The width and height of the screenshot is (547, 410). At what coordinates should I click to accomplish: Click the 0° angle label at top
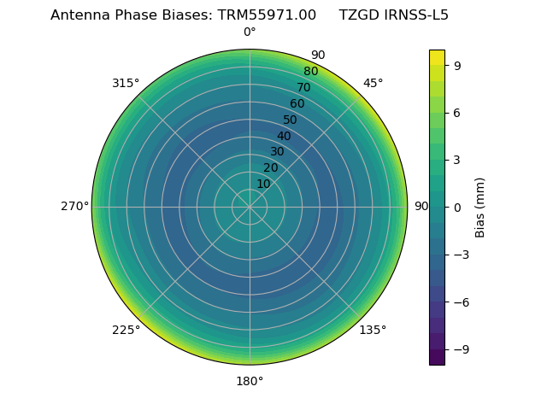250,32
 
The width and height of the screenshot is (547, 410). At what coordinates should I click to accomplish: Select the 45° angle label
373,83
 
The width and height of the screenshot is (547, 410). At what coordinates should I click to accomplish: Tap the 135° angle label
373,330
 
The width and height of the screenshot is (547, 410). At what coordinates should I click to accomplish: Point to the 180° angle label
250,381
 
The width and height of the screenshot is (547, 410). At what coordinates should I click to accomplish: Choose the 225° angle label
126,330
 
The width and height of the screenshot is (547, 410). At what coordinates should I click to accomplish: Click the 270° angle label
74,207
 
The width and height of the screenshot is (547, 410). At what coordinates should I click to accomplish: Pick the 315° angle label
126,83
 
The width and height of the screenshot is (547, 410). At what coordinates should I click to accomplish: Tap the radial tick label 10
263,184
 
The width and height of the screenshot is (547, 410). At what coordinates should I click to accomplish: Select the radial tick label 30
277,152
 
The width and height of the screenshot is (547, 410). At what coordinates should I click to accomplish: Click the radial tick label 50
291,120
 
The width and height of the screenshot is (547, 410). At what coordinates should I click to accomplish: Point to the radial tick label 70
303,88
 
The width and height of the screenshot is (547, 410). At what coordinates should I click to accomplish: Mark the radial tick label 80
310,72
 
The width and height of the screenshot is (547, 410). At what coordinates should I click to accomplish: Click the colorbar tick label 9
458,65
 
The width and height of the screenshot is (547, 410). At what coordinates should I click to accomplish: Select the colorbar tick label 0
458,208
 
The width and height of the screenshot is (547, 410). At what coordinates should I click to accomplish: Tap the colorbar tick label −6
462,302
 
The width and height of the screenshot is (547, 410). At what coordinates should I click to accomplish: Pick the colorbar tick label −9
462,349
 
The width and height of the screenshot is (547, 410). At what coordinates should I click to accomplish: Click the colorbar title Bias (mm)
480,208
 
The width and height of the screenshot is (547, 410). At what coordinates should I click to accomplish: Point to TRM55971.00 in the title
267,15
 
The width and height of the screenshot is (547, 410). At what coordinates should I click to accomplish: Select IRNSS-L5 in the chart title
415,15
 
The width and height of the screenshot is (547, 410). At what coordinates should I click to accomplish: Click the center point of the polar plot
250,207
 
